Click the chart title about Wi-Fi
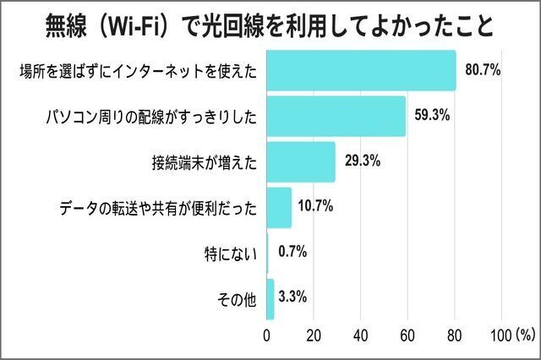[x=270, y=26]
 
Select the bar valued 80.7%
[x=361, y=71]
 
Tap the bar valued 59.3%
[x=336, y=117]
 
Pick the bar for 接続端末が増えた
[x=301, y=162]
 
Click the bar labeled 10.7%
[x=279, y=208]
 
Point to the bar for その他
[x=270, y=299]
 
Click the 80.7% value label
[x=483, y=69]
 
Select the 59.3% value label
[x=432, y=115]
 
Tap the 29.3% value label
[x=363, y=161]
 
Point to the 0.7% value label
[x=292, y=252]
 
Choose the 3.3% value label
[x=292, y=297]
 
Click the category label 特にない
[x=231, y=254]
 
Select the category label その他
[x=237, y=299]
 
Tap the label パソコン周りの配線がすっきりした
[x=151, y=117]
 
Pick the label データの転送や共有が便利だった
[x=158, y=208]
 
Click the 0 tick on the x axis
[x=266, y=335]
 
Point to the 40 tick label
[x=361, y=335]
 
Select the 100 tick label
[x=501, y=335]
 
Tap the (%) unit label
[x=526, y=335]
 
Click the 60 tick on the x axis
[x=407, y=335]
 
